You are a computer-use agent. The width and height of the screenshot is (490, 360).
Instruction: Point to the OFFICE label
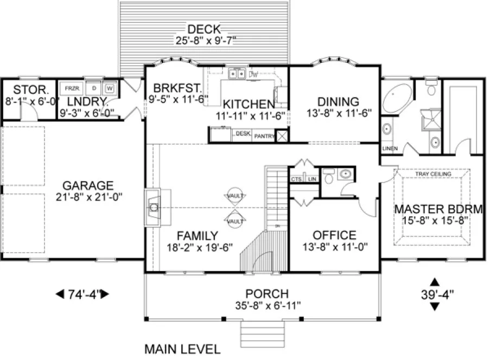coord(334,235)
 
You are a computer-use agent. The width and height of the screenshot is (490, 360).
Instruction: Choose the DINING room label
coord(338,101)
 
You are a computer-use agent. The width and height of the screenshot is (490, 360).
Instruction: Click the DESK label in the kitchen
coord(242,133)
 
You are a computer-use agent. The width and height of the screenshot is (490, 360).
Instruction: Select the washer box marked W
coord(110,87)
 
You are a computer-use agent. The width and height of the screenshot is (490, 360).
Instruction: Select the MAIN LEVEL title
coord(182,349)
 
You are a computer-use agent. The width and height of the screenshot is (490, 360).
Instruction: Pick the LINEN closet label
coord(390,148)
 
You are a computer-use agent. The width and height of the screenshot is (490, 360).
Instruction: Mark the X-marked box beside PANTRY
coord(281,135)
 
